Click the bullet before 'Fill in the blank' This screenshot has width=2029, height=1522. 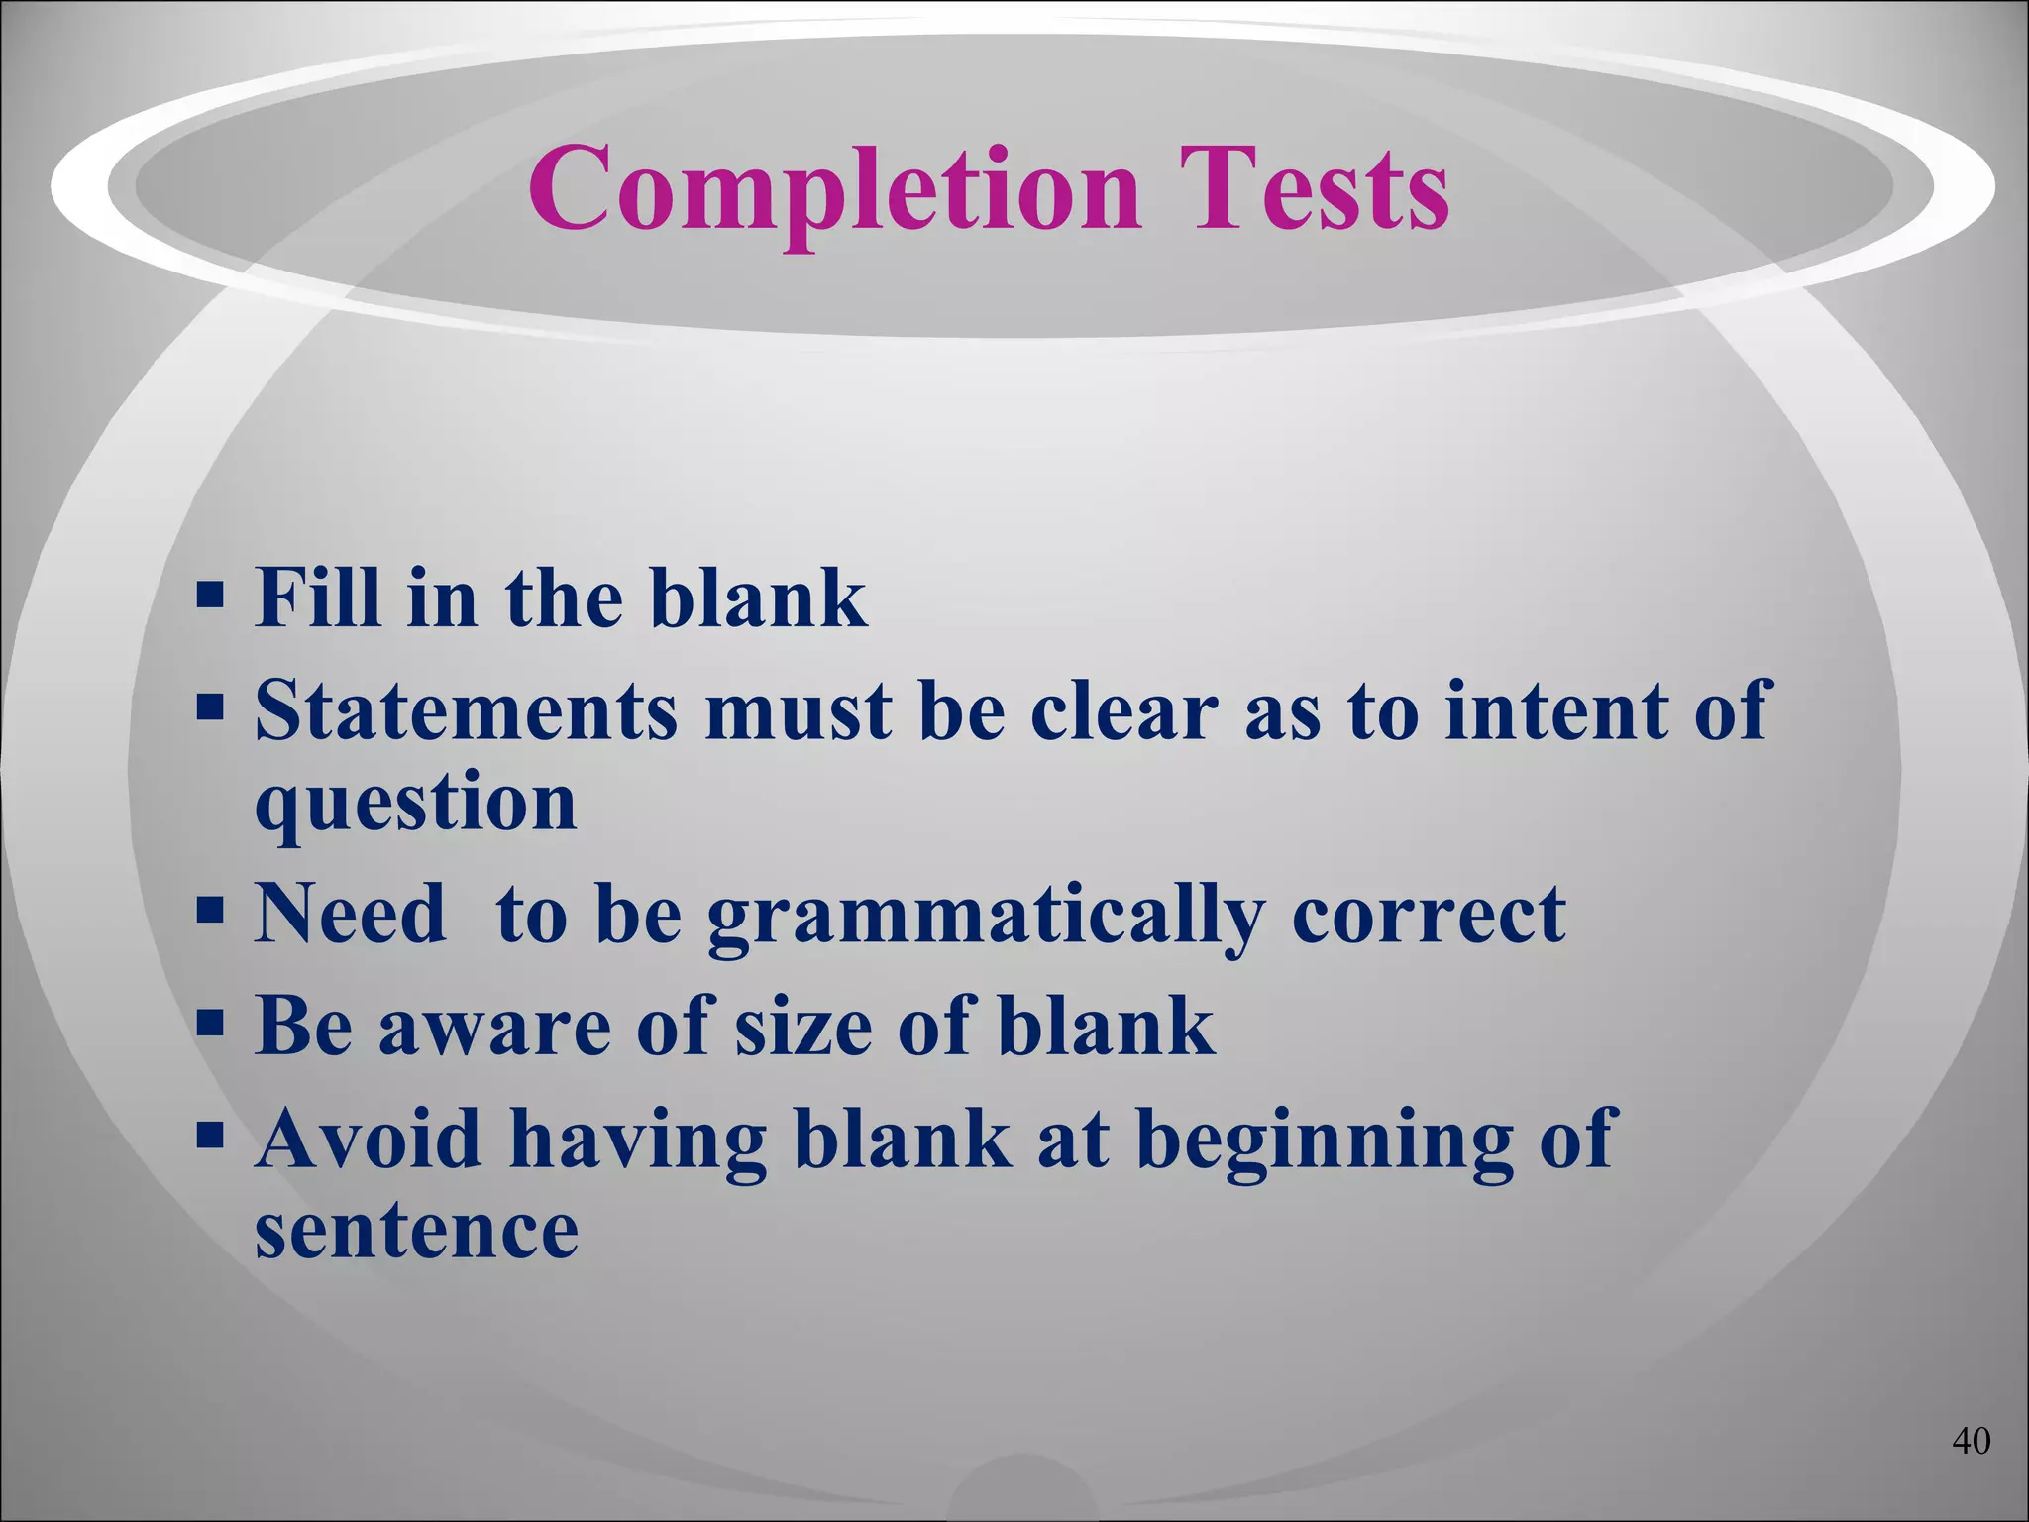[209, 597]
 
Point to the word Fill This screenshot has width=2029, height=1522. [317, 598]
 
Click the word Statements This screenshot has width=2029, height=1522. [467, 710]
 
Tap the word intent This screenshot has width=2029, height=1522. [1556, 710]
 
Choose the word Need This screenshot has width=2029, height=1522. [351, 914]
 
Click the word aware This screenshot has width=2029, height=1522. [494, 1027]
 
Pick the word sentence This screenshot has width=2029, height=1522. [416, 1230]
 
